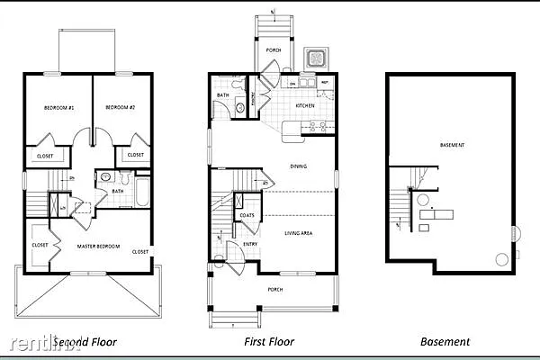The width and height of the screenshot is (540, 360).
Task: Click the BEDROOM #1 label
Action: pyautogui.click(x=58, y=108)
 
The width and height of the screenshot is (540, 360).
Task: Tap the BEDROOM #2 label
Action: pyautogui.click(x=120, y=108)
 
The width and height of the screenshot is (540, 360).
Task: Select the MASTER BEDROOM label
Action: pyautogui.click(x=98, y=246)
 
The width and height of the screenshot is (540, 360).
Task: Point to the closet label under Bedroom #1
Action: pyautogui.click(x=45, y=156)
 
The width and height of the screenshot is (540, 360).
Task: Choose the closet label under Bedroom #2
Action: pyautogui.click(x=135, y=155)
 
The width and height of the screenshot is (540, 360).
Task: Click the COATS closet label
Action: pyautogui.click(x=246, y=216)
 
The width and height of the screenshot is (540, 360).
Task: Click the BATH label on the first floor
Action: pyautogui.click(x=222, y=94)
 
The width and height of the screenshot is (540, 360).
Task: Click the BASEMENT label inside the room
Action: pyautogui.click(x=452, y=145)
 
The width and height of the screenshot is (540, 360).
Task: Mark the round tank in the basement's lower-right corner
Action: pyautogui.click(x=501, y=259)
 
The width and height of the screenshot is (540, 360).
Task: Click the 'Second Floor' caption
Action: pyautogui.click(x=85, y=342)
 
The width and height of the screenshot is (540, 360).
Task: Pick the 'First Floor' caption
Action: pyautogui.click(x=269, y=342)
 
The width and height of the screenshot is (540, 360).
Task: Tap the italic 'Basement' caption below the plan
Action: pyautogui.click(x=445, y=342)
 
